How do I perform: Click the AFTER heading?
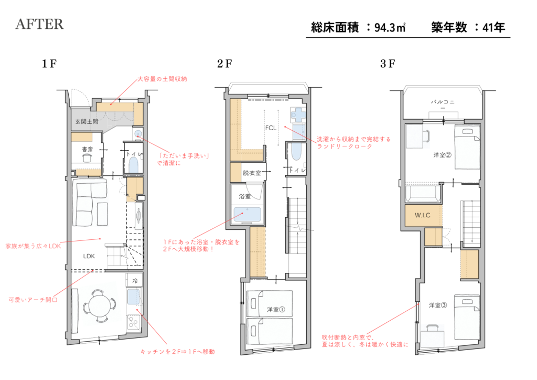pos(39,24)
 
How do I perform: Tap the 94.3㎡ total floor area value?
pos(390,27)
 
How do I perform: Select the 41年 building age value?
pos(493,27)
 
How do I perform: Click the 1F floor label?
pos(49,64)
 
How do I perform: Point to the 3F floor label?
pos(388,64)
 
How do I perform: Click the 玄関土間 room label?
pos(87,121)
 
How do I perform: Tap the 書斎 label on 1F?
pos(88,149)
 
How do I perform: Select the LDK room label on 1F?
pos(89,256)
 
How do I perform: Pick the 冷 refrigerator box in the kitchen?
pos(135,281)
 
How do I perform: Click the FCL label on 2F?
pos(271,128)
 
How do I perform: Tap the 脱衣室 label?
pos(252,173)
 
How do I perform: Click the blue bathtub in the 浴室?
pos(248,215)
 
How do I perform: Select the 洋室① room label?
pos(276,310)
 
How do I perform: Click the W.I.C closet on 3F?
pos(423,215)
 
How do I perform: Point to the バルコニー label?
pos(443,104)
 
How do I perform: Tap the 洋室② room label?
pos(442,155)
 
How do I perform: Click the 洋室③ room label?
pos(438,305)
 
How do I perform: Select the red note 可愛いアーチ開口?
pos(33,300)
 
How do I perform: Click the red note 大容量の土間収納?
pos(163,79)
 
